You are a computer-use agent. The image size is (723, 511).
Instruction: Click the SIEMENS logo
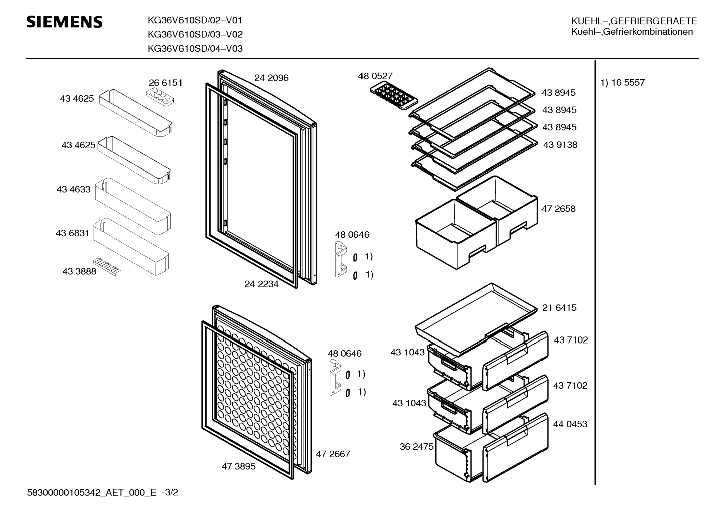(x=64, y=22)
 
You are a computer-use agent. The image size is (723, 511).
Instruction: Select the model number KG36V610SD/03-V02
(x=195, y=34)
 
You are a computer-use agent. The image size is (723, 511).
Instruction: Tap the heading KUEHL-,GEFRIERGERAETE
(x=634, y=21)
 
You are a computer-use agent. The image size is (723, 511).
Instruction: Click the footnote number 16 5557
(x=628, y=83)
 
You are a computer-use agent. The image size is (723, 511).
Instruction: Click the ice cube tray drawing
(x=394, y=96)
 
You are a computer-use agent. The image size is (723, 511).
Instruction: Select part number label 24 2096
(x=271, y=78)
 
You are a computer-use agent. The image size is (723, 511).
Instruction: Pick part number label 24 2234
(x=261, y=284)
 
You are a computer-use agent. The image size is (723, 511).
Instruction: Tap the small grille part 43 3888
(x=107, y=267)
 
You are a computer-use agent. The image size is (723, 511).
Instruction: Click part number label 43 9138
(x=560, y=145)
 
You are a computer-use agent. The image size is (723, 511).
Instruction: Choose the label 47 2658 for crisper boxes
(x=559, y=209)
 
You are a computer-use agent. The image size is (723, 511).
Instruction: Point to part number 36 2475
(x=416, y=447)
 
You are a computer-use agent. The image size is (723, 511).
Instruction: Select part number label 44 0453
(x=570, y=424)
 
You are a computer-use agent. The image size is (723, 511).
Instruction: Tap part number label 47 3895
(x=238, y=466)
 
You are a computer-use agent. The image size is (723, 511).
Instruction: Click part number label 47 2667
(x=333, y=454)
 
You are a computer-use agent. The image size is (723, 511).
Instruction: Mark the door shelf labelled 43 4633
(x=133, y=206)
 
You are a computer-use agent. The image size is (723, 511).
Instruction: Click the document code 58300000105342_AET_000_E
(x=91, y=493)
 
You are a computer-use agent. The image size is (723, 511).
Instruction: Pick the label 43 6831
(x=72, y=233)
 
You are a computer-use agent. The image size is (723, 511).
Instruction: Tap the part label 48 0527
(x=375, y=76)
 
